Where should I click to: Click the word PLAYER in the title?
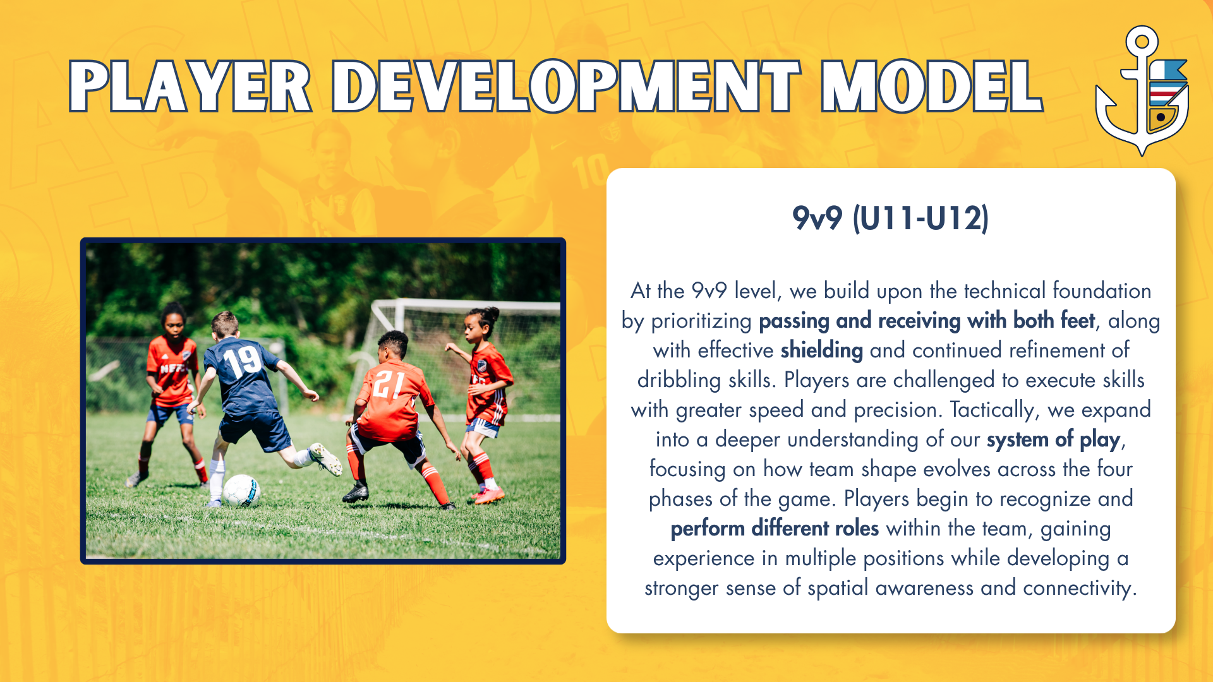pyautogui.click(x=190, y=87)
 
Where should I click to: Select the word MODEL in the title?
pyautogui.click(x=932, y=87)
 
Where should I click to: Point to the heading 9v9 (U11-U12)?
pyautogui.click(x=891, y=218)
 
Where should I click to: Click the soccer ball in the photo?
pyautogui.click(x=241, y=491)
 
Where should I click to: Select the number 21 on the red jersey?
pyautogui.click(x=387, y=385)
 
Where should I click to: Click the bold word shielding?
pyautogui.click(x=821, y=350)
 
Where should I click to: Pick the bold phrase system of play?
pyautogui.click(x=1053, y=440)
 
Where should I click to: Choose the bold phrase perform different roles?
pyautogui.click(x=775, y=529)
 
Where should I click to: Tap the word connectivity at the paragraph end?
pyautogui.click(x=1080, y=588)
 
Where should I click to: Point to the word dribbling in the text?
pyautogui.click(x=679, y=380)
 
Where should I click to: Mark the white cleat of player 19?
pyautogui.click(x=325, y=458)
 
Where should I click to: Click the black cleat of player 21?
pyautogui.click(x=356, y=492)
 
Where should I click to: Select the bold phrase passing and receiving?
pyautogui.click(x=859, y=321)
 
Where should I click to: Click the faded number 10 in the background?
pyautogui.click(x=590, y=171)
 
